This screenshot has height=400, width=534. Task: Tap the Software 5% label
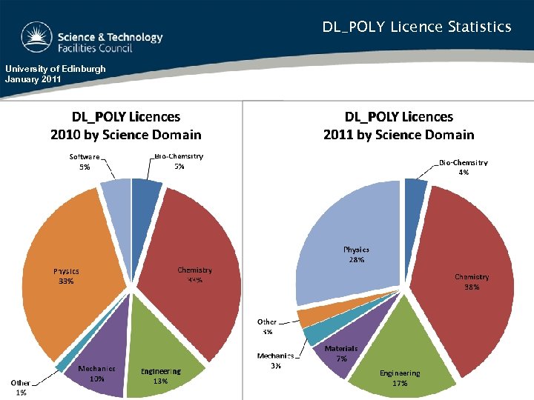point(85,161)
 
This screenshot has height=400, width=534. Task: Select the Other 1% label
point(21,387)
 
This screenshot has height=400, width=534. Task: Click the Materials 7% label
point(341,353)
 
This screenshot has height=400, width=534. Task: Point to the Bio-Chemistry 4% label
point(463,167)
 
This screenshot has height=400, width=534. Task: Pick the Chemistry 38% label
point(472,281)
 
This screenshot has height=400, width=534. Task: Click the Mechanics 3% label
point(275,361)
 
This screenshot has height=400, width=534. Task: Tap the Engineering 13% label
point(161,376)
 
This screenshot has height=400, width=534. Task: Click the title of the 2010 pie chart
point(125,125)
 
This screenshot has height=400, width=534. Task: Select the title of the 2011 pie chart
point(398,125)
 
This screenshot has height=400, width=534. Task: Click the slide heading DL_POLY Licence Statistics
point(416,27)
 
